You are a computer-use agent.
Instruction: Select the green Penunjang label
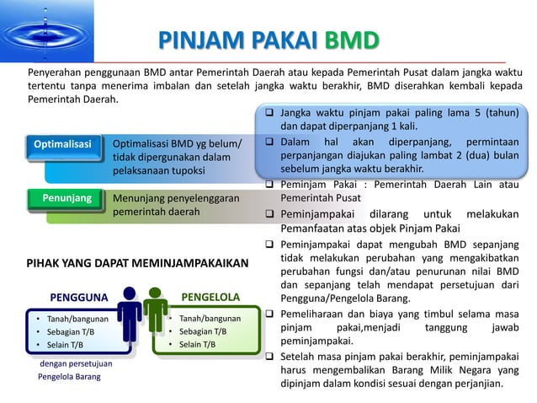(66, 198)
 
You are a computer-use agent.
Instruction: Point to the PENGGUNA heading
(79, 297)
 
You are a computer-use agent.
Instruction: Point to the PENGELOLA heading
(210, 297)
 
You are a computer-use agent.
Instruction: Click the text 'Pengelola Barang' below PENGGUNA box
(69, 377)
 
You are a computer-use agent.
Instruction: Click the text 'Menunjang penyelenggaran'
(176, 198)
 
